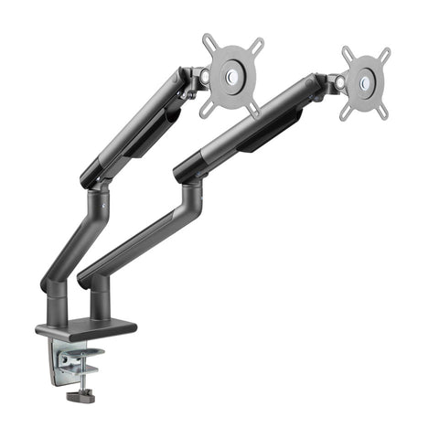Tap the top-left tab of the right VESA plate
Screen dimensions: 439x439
(348, 51)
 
